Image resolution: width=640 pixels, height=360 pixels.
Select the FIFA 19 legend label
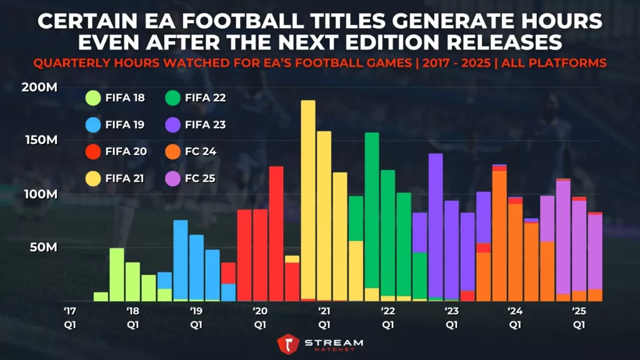(124, 124)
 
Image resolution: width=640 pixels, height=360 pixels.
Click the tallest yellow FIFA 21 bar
(308, 200)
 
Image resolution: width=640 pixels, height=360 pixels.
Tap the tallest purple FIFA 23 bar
(436, 225)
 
